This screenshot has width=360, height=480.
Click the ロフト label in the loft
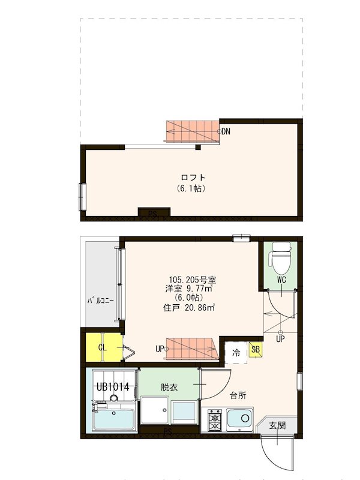(x=193, y=178)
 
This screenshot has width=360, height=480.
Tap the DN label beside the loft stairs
(x=225, y=131)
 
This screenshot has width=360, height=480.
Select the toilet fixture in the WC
(x=281, y=256)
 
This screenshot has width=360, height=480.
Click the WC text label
(x=282, y=280)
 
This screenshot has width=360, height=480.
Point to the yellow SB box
(x=255, y=350)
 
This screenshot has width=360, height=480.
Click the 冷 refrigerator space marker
(x=237, y=353)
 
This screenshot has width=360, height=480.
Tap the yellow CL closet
(x=103, y=347)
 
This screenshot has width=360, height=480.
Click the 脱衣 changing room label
(x=169, y=388)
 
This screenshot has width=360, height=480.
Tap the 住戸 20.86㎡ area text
(x=189, y=308)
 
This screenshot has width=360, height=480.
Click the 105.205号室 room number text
(x=193, y=280)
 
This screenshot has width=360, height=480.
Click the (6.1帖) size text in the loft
(x=192, y=188)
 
